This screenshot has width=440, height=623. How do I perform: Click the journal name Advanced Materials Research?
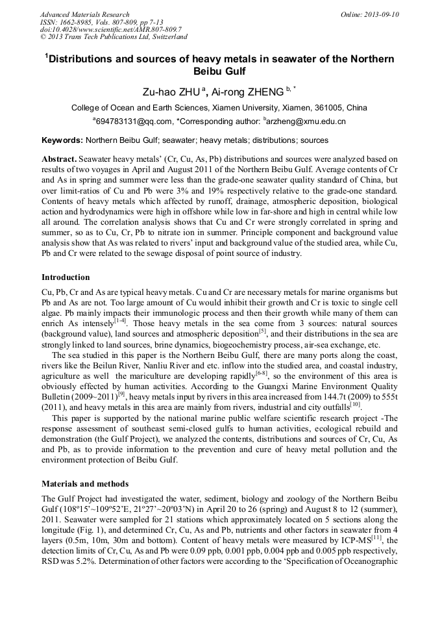[84, 14]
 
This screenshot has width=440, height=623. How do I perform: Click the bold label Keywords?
[62, 140]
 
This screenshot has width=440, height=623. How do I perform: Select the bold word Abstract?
[59, 159]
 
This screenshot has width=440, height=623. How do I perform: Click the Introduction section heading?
[66, 277]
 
